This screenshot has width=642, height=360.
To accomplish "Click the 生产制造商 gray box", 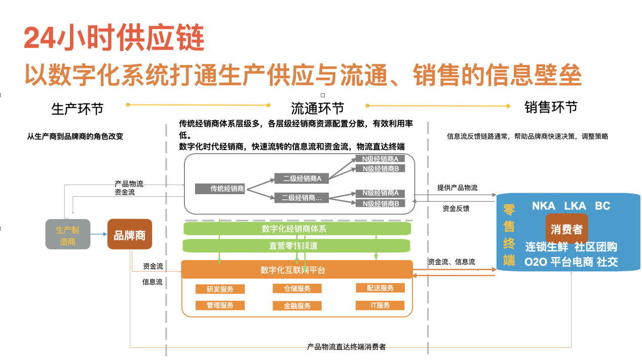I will [68, 234].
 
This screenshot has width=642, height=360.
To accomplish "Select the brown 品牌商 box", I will [130, 234].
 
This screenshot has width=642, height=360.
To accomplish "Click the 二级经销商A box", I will [301, 178].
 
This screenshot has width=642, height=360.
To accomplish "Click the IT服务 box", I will [380, 305].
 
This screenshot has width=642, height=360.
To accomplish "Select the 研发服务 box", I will [220, 289].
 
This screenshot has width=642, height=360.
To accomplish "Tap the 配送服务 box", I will [380, 287].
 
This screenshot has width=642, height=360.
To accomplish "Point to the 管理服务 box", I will [220, 305].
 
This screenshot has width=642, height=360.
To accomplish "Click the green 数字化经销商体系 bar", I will [297, 229].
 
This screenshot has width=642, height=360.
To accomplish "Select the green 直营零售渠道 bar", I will [297, 246].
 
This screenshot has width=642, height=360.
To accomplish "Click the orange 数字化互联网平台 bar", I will [297, 270].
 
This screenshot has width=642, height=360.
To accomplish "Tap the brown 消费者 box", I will [567, 229].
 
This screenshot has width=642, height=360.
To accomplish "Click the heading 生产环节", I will [78, 109].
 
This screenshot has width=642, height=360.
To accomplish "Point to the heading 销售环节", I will [551, 107].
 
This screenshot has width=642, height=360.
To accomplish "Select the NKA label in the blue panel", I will [543, 206].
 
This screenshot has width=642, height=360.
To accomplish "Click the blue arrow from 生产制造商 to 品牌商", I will [99, 234].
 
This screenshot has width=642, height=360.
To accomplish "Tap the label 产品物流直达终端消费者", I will [347, 347].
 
